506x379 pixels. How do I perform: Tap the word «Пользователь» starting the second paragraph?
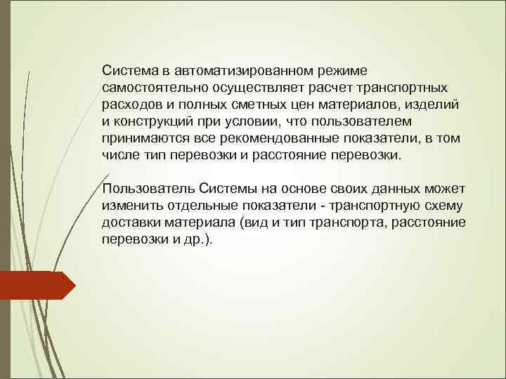(x=146, y=189)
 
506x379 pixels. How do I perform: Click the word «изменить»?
(x=127, y=206)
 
